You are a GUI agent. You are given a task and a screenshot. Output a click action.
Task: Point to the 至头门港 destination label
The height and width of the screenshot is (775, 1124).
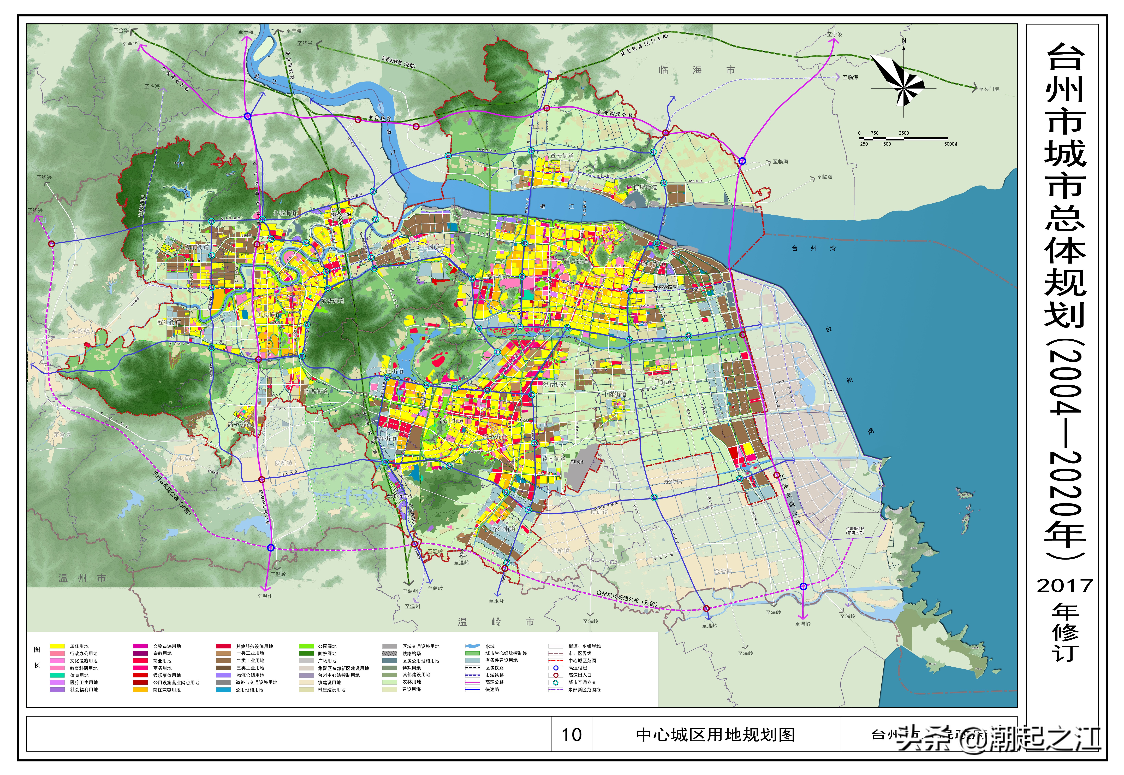coord(989,89)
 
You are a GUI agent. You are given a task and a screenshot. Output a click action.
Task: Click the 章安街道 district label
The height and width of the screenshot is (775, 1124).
coord(562,156)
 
